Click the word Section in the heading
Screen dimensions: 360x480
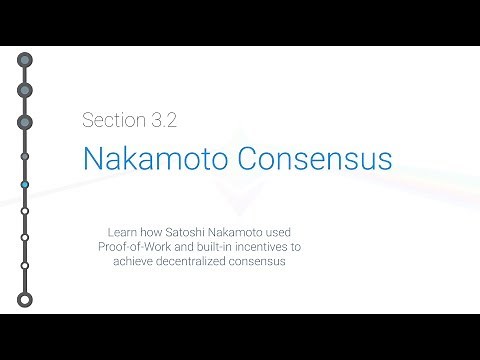(111, 121)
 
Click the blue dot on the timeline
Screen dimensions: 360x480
(24, 185)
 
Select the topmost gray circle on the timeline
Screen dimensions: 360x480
(24, 60)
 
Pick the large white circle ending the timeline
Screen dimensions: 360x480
(24, 299)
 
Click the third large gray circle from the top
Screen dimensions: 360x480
(24, 122)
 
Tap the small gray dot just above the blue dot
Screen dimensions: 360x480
(24, 156)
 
